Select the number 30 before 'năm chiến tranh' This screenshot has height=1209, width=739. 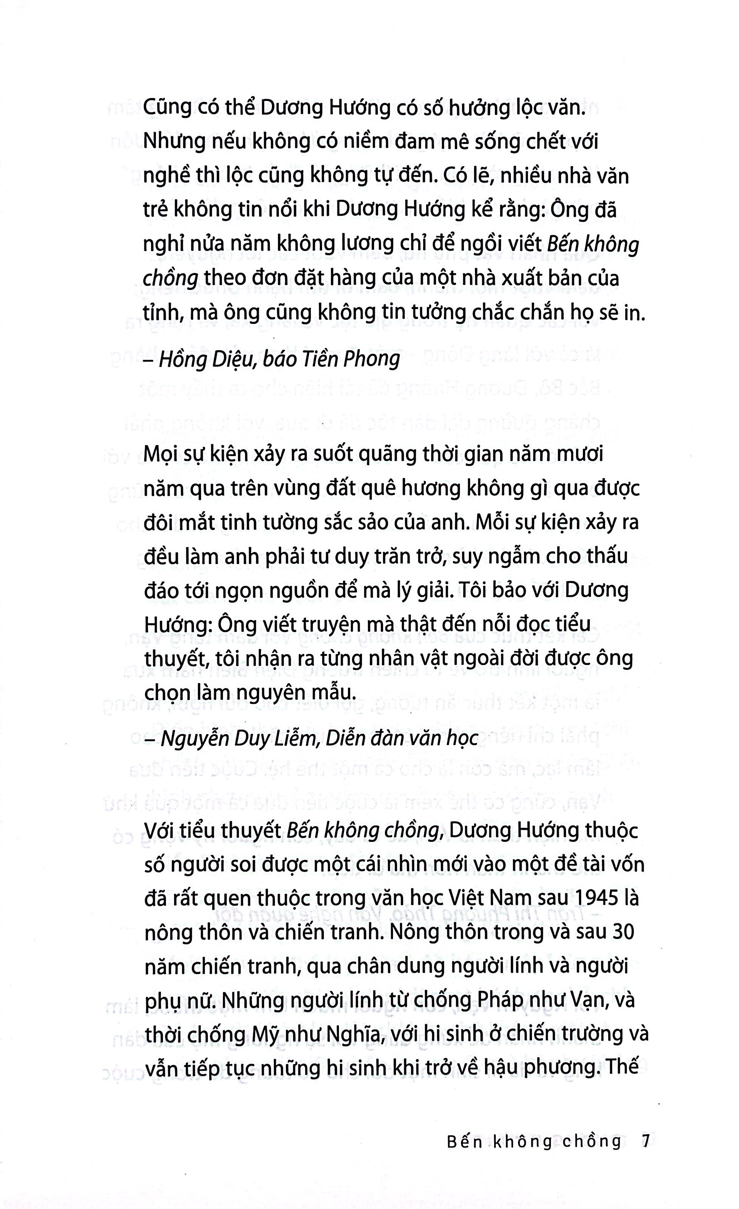pyautogui.click(x=624, y=931)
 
